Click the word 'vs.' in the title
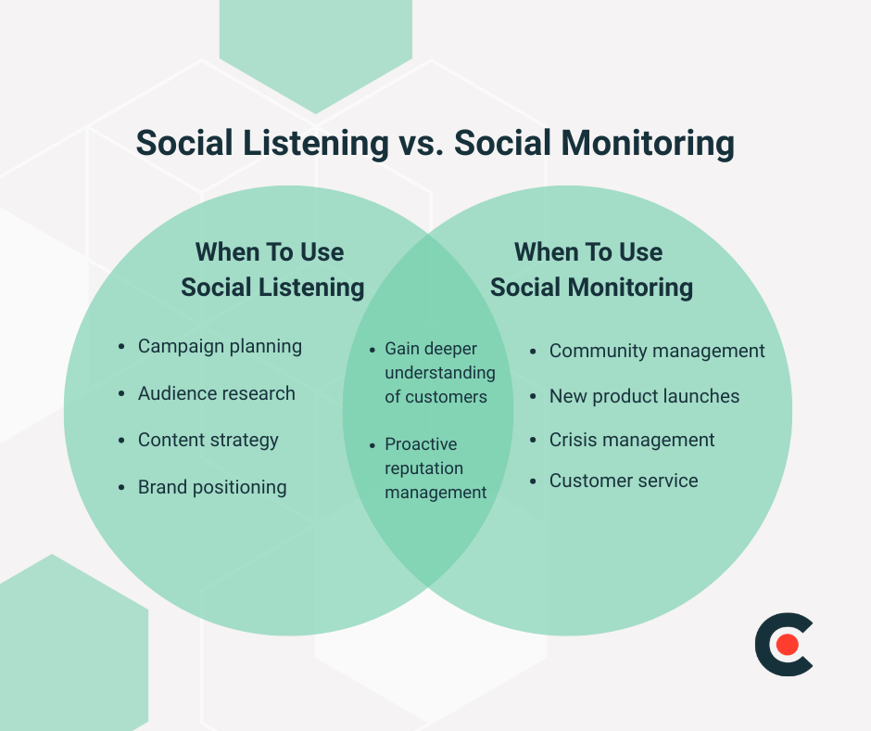coord(422,144)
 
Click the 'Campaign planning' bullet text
coord(220,346)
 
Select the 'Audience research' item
coord(216,393)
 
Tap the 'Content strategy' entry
coord(208,440)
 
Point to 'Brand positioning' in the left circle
coord(212,487)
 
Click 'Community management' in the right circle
coord(657,351)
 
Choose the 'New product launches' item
coord(644,396)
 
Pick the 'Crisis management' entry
coord(632,440)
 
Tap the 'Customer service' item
coord(624,481)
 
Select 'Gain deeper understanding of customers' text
coord(439,373)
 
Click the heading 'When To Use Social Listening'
coord(271,270)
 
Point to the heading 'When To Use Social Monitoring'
coord(590,270)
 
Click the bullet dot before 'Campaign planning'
coord(121,347)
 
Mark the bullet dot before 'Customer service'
coord(534,481)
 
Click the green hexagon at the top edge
coord(315,46)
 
